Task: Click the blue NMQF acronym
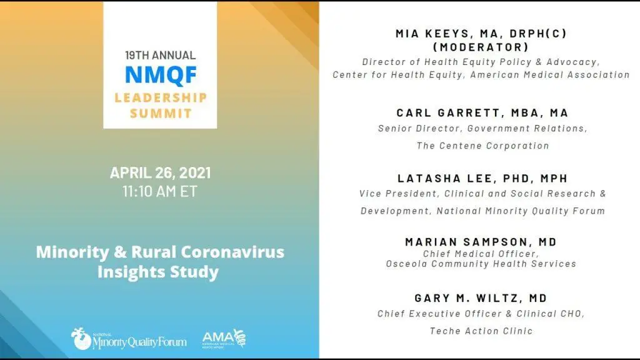click(161, 75)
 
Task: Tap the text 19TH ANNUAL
click(160, 55)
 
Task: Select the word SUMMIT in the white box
click(161, 113)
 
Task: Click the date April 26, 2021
click(160, 172)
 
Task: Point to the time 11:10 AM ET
click(160, 191)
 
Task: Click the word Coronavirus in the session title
click(232, 251)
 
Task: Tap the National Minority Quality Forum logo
click(129, 339)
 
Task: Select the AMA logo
click(224, 339)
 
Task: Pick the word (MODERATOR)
click(481, 47)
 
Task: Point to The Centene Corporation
click(483, 145)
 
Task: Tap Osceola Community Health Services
click(481, 264)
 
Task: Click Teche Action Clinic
click(481, 331)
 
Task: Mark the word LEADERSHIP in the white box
click(161, 97)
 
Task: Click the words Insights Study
click(158, 272)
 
